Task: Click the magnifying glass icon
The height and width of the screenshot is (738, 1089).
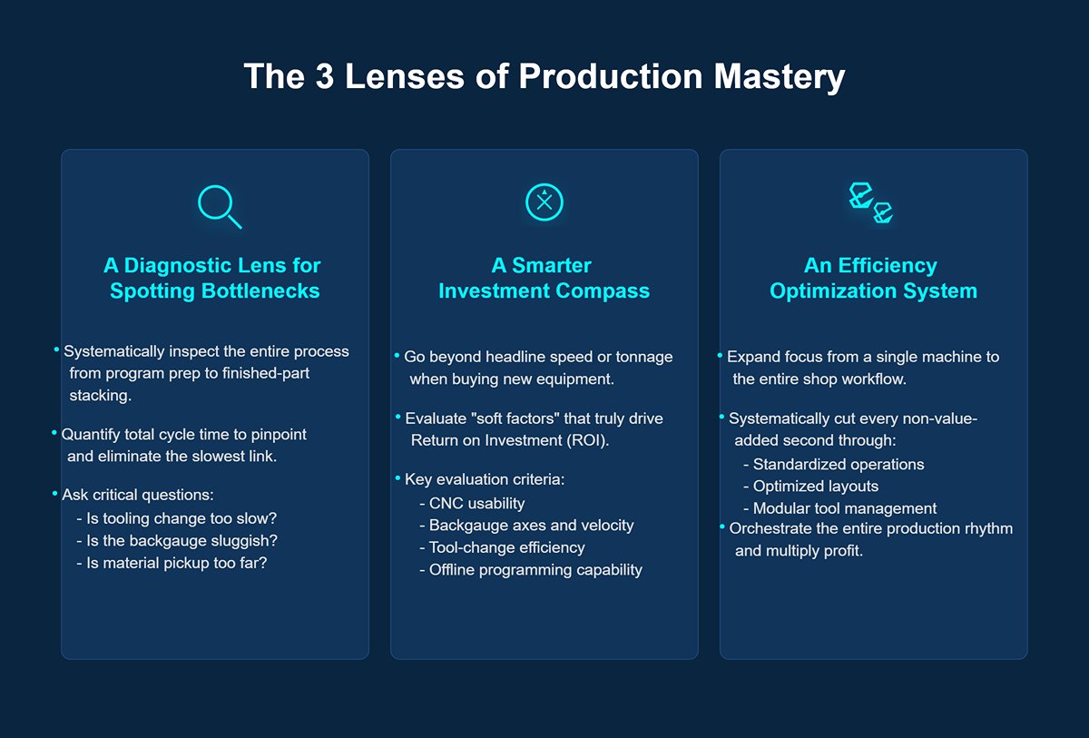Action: click(x=219, y=205)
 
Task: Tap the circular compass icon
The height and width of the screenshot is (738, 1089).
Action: click(x=544, y=202)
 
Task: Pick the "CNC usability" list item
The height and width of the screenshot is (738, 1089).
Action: click(x=472, y=503)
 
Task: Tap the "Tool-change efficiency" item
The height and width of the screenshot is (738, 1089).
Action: click(x=502, y=547)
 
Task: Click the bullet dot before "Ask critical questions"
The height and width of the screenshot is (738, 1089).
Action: click(x=55, y=493)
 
